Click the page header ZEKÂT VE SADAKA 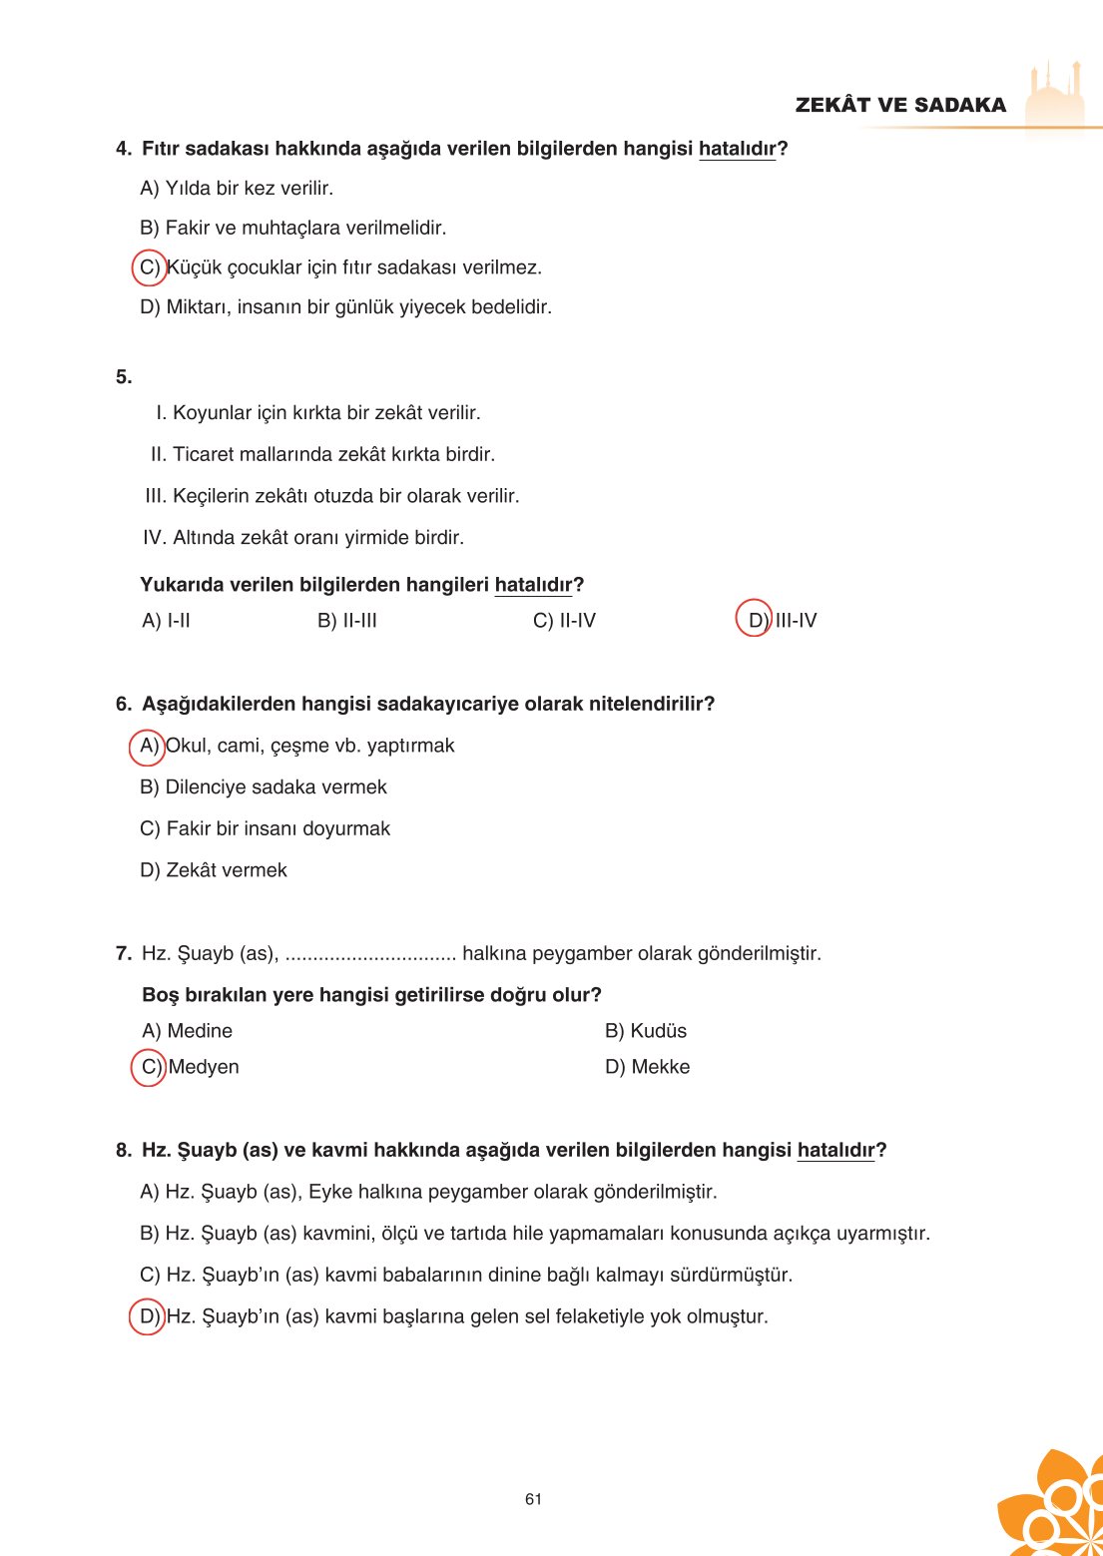tap(900, 105)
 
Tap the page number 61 tap(533, 1499)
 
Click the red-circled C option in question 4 tap(149, 267)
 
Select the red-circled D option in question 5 tap(755, 620)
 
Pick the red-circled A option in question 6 tap(148, 746)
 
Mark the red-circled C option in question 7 tap(149, 1067)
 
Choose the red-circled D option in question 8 tap(148, 1316)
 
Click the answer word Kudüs tap(658, 1031)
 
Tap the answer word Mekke tap(660, 1067)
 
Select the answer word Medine tap(200, 1031)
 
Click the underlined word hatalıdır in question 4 tap(737, 149)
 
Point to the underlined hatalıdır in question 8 tap(835, 1150)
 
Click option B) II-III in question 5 tap(347, 621)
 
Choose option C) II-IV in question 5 tap(564, 621)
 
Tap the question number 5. tap(124, 377)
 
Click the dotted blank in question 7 tap(370, 955)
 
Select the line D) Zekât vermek tap(214, 870)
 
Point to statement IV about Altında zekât tap(303, 538)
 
